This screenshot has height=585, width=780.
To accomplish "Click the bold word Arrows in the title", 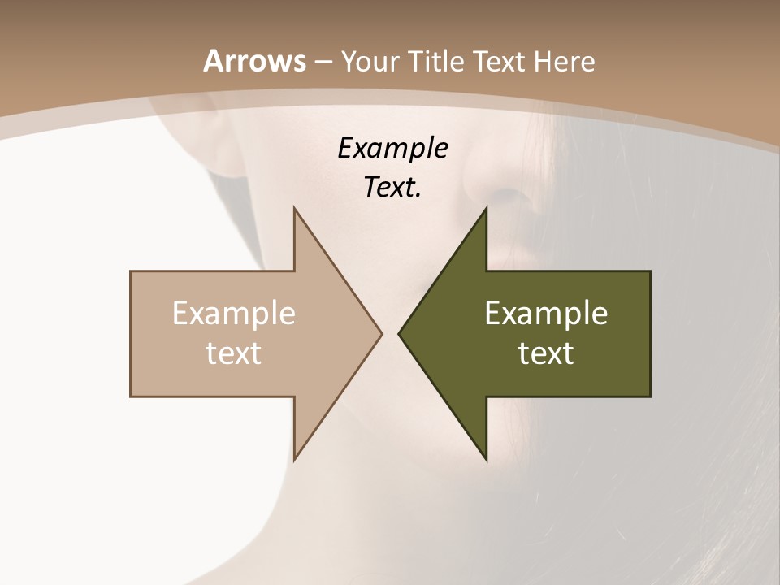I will tap(254, 61).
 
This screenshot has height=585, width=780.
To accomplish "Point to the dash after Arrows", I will tap(323, 62).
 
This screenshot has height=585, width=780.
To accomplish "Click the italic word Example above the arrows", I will tap(392, 149).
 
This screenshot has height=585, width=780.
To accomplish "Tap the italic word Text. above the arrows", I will tap(392, 187).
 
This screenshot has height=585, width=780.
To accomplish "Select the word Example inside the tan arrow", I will tap(234, 314).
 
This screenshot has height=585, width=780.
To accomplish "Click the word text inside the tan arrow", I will tap(234, 353).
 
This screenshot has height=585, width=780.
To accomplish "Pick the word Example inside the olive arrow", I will tap(546, 314).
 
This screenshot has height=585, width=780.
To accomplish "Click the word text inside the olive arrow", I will tap(546, 353).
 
